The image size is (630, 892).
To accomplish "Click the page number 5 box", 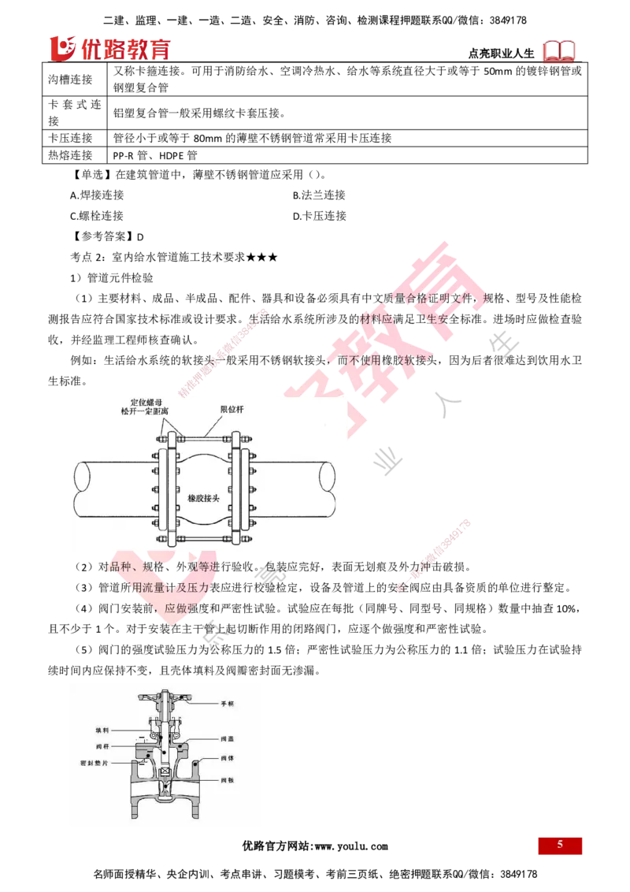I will [x=560, y=846].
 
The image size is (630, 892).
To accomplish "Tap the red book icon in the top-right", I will [x=560, y=51].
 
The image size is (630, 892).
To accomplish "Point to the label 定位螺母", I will [x=146, y=403].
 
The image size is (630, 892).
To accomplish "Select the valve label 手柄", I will [x=228, y=702].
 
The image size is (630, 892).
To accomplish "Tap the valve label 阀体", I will [x=228, y=759].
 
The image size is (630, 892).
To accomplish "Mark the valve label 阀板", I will [x=228, y=780].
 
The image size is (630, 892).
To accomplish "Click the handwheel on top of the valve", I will [x=164, y=697].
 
